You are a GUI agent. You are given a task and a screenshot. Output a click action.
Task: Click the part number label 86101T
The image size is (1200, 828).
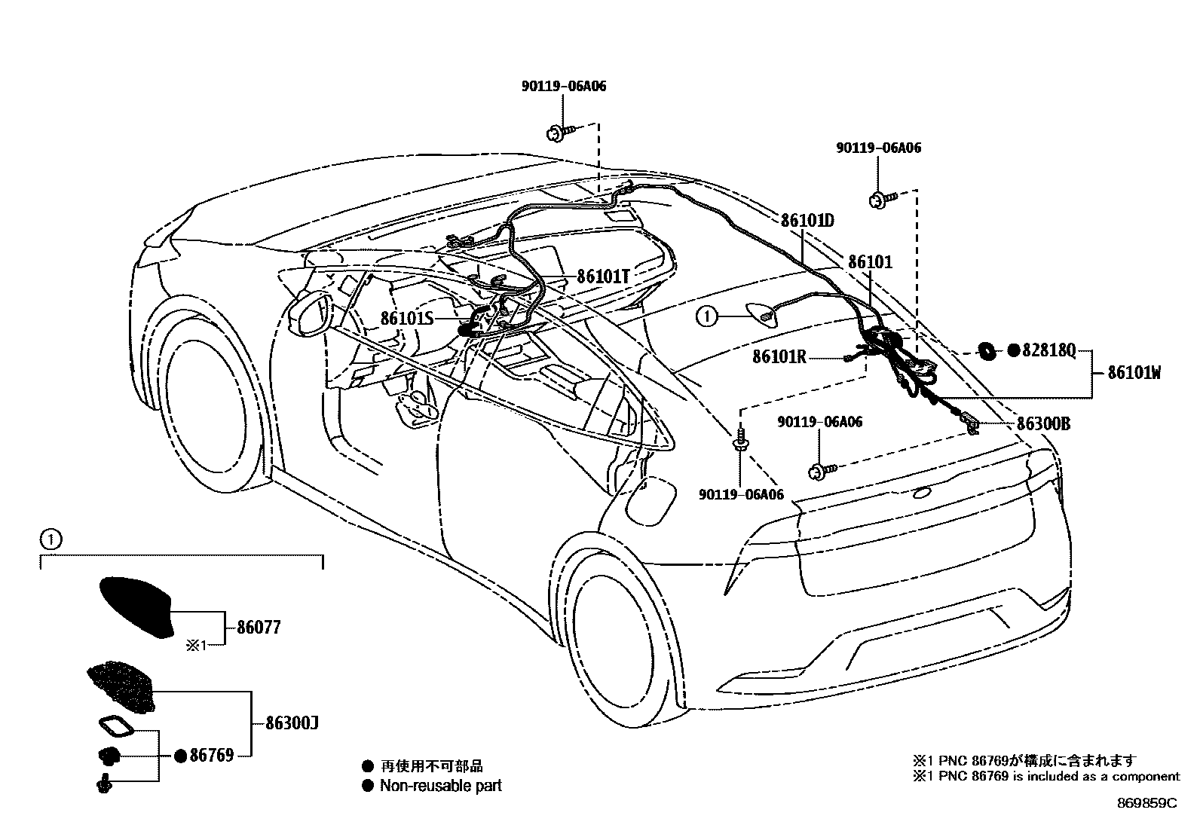[603, 277]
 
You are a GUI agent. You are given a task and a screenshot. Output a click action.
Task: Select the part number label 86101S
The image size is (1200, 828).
[407, 318]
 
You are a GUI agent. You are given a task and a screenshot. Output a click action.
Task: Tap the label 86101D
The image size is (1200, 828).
[807, 221]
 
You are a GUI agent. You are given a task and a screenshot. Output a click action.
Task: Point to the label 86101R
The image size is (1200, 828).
[779, 357]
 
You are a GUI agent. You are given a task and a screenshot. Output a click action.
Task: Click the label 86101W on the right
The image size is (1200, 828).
[1134, 371]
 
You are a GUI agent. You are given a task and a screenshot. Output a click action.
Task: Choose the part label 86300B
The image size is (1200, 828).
[1043, 423]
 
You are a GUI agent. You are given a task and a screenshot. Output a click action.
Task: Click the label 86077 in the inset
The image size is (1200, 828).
[259, 627]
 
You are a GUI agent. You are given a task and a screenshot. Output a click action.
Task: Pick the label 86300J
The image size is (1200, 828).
[292, 723]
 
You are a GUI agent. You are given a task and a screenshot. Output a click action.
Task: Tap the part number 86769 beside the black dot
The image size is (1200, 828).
[211, 755]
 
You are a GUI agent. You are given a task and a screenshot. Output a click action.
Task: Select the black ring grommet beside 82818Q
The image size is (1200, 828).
[985, 350]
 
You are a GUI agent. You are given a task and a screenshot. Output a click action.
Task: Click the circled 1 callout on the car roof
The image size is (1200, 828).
[706, 317]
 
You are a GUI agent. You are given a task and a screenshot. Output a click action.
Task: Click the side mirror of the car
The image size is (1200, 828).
[311, 315]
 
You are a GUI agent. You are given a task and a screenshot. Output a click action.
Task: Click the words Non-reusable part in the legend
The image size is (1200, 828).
[440, 786]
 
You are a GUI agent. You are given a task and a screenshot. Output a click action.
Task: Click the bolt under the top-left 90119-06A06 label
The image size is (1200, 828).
[556, 133]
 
